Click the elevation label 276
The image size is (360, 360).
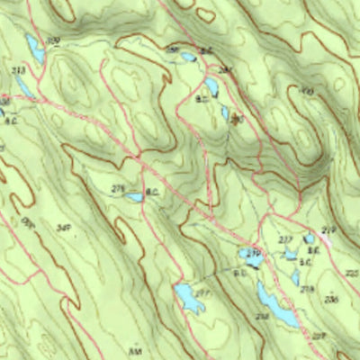[x=116, y=187]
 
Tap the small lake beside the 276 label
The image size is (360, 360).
[x=133, y=196]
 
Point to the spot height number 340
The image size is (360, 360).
[x=64, y=229]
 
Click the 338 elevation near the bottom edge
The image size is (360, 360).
[x=136, y=351]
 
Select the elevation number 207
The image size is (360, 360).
[x=318, y=336]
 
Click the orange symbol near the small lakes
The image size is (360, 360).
[x=237, y=118]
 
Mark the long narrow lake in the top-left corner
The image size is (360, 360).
[x=34, y=49]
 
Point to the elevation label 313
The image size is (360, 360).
[x=16, y=70]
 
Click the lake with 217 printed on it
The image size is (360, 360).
[x=189, y=297]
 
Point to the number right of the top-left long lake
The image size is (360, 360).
[x=53, y=41]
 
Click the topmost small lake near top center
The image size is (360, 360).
[x=187, y=57]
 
